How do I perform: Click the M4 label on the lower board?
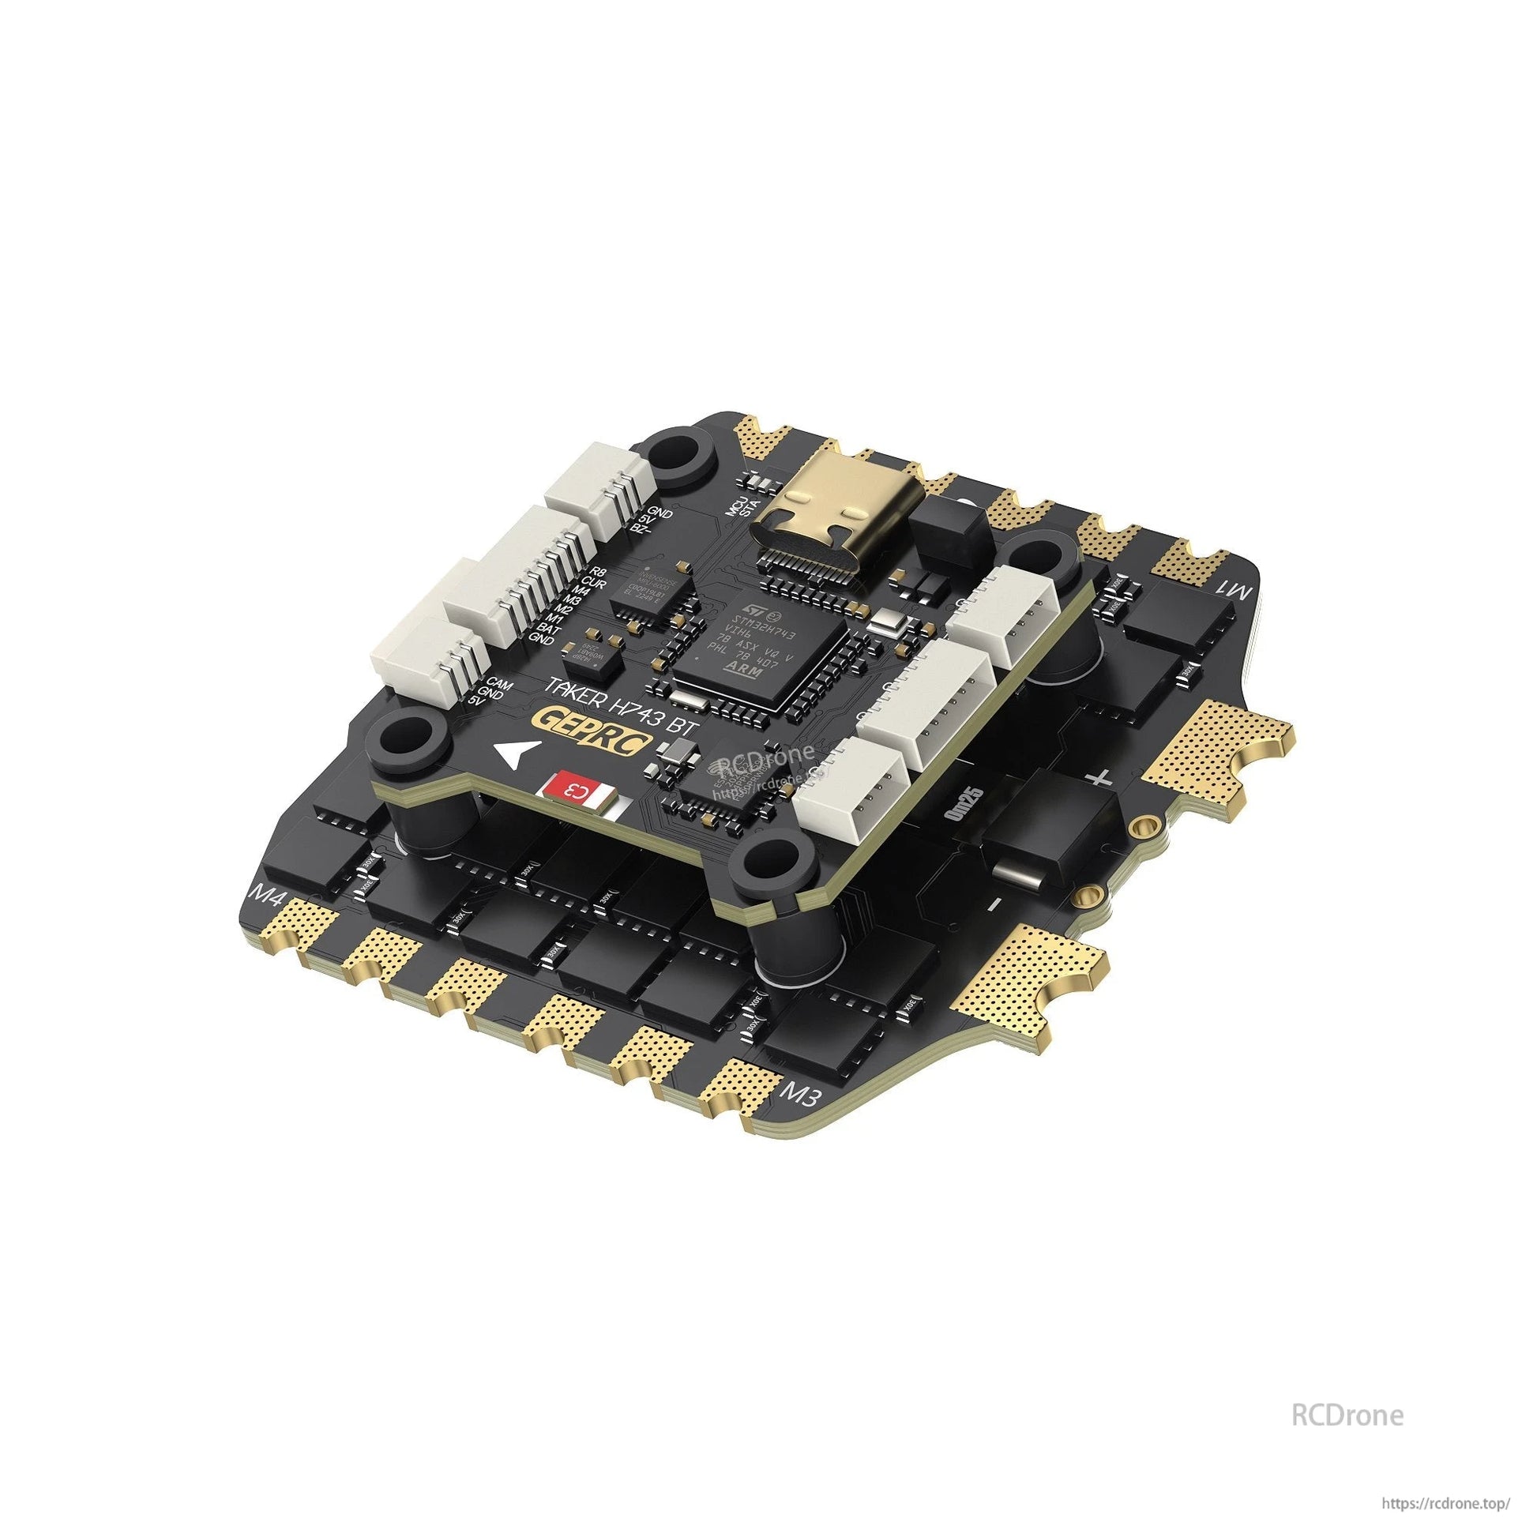pos(267,897)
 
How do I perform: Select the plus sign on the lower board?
pos(1099,777)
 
